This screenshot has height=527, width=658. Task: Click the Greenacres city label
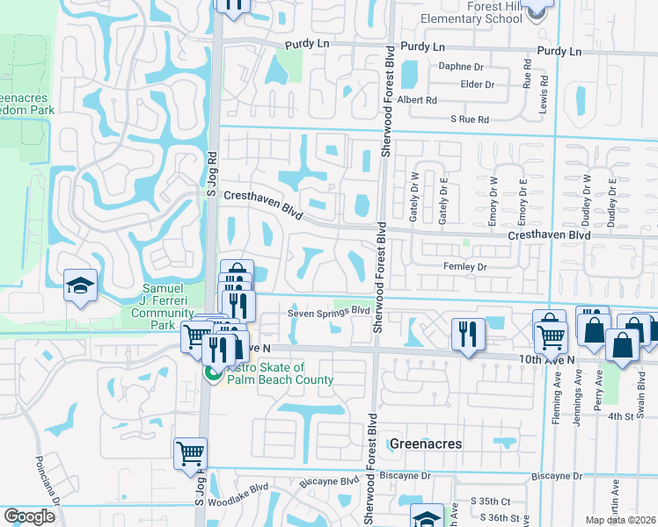tap(426, 444)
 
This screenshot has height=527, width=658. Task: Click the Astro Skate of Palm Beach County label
tap(280, 373)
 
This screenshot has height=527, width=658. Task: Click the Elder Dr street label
tap(478, 84)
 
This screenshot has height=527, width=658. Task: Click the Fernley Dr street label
tap(464, 266)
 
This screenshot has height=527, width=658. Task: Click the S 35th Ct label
tap(489, 501)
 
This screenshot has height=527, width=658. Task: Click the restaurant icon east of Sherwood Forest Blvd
tap(466, 334)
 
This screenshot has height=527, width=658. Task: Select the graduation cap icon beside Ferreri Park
tap(81, 285)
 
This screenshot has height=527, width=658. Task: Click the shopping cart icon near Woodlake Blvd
tap(190, 454)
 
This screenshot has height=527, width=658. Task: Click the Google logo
tap(29, 516)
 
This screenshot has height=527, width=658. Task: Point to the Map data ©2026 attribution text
tap(620, 520)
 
